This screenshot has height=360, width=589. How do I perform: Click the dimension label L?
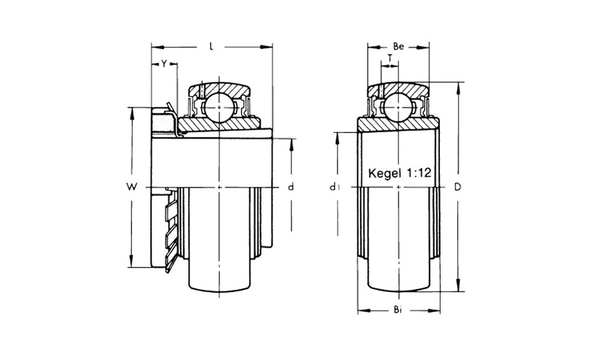click(x=211, y=47)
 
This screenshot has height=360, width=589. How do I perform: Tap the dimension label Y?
click(x=164, y=64)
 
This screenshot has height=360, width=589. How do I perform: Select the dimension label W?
click(x=131, y=186)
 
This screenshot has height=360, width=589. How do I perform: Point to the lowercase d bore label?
click(x=291, y=186)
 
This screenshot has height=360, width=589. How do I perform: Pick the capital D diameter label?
click(x=457, y=186)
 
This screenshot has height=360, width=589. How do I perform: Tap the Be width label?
click(x=398, y=47)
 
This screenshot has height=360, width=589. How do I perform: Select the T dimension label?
click(x=390, y=58)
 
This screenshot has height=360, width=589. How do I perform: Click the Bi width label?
click(x=398, y=310)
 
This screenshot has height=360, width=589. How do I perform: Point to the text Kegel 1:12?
click(x=399, y=173)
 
